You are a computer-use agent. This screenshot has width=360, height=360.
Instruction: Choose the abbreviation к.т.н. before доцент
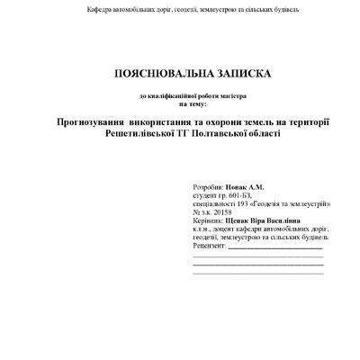(204, 229)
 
